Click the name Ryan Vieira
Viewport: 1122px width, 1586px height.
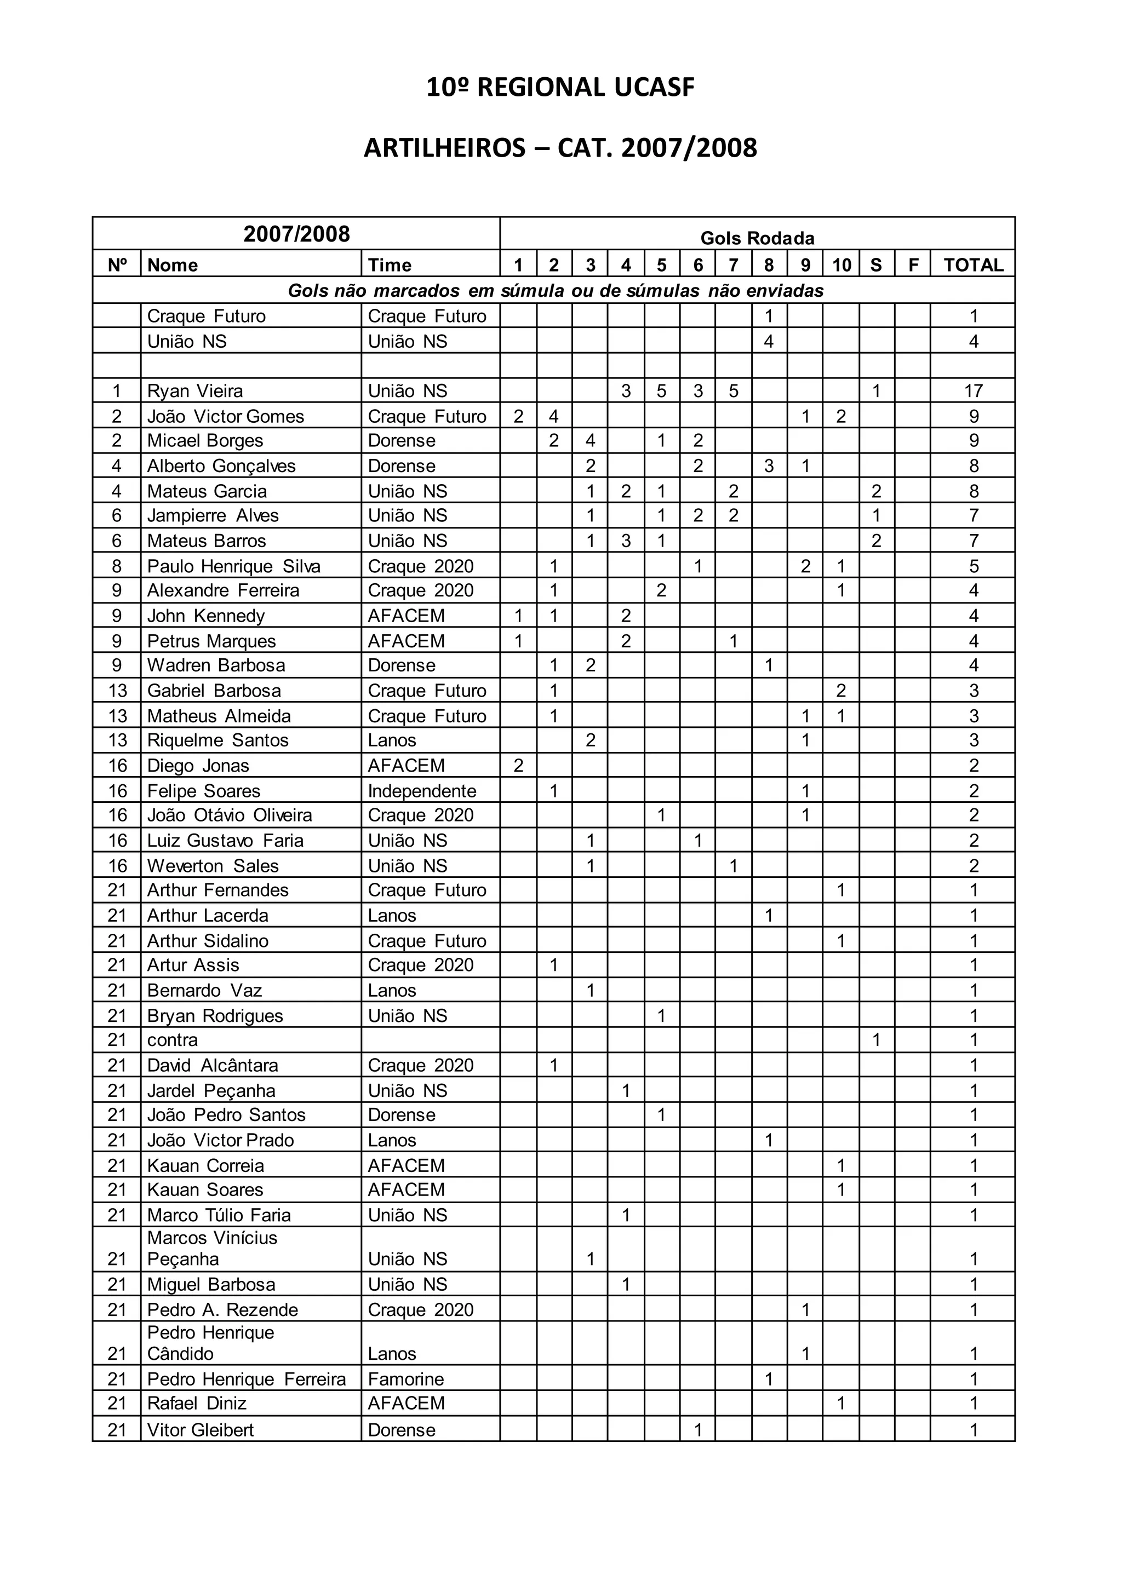(x=195, y=391)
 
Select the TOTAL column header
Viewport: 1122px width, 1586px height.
(x=973, y=265)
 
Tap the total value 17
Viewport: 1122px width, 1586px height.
(x=973, y=391)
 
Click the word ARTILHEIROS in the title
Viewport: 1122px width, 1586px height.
(x=444, y=148)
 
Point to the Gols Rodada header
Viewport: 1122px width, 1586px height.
(x=757, y=238)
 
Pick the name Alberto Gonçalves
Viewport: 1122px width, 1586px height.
(x=221, y=466)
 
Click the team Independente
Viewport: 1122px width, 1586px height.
(x=422, y=791)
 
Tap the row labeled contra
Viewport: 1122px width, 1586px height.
(x=173, y=1039)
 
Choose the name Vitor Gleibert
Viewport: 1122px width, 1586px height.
(x=201, y=1430)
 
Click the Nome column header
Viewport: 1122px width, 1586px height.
(x=173, y=265)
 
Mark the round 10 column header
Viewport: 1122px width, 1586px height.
(x=841, y=265)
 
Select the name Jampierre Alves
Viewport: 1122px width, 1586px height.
(x=213, y=515)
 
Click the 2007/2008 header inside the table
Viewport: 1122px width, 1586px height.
(x=296, y=234)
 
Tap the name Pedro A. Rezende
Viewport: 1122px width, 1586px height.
(x=222, y=1309)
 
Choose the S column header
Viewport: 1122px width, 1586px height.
(x=876, y=265)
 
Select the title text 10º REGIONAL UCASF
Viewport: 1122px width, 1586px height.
(x=560, y=88)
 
